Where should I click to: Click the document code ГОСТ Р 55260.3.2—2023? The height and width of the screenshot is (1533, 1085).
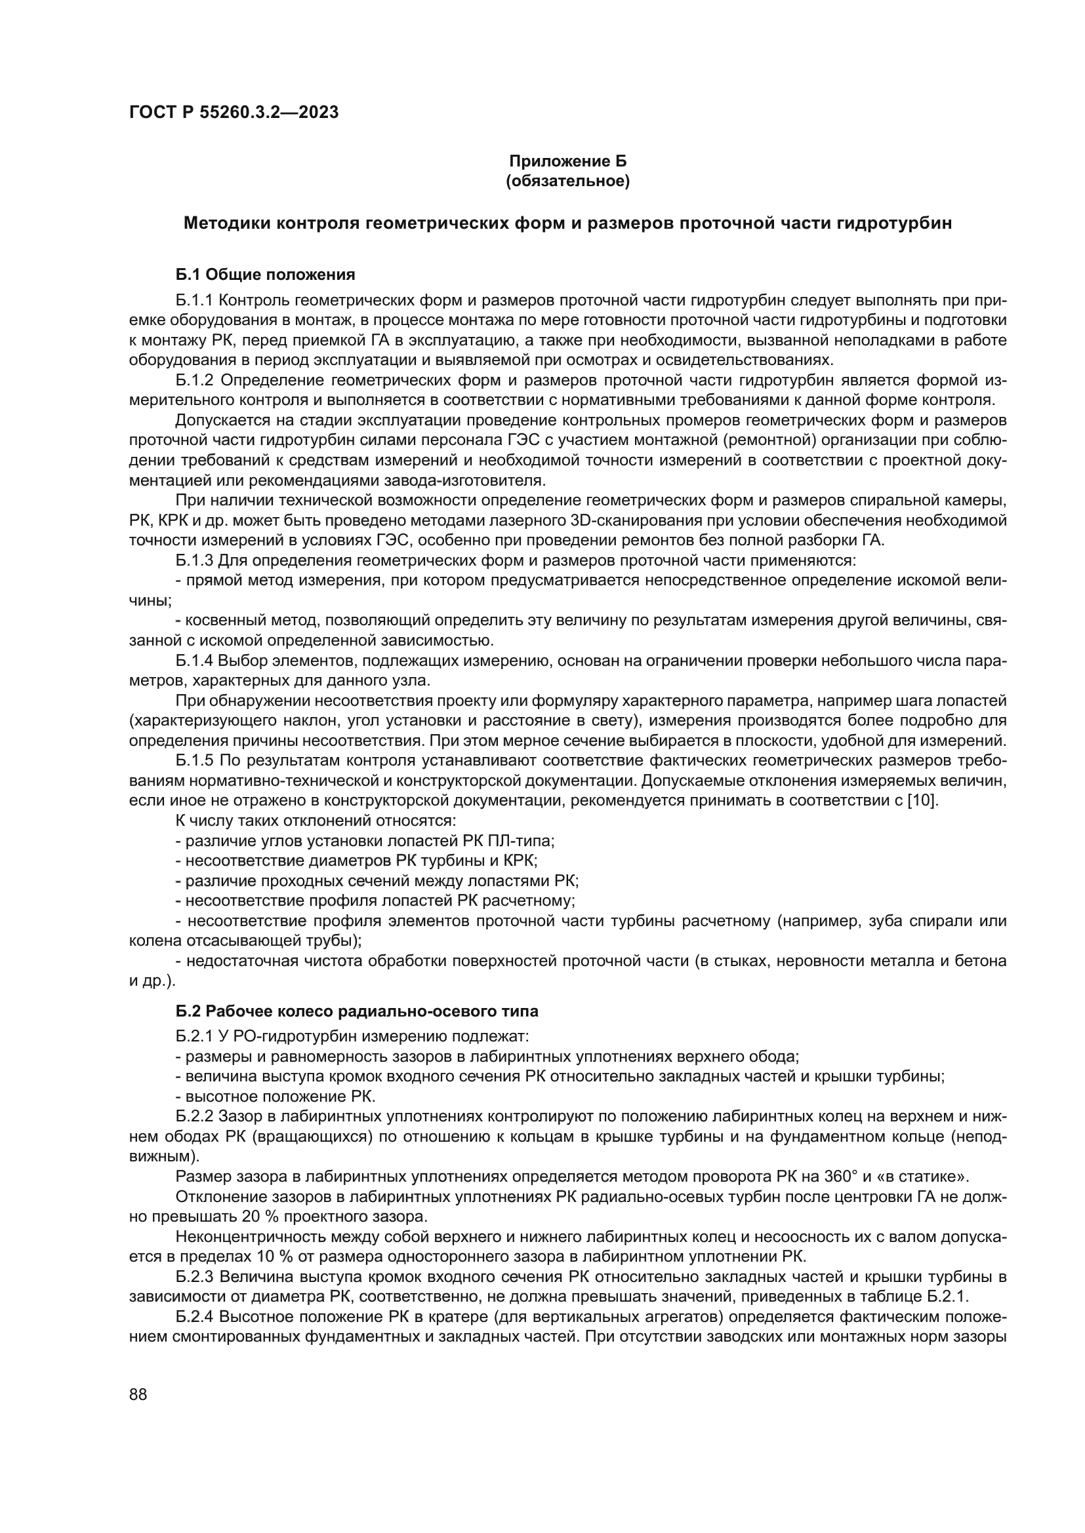234,112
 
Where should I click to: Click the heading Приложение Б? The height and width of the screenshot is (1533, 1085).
568,161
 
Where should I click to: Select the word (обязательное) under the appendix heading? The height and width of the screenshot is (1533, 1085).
568,181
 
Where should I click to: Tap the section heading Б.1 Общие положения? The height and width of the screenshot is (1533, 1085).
265,275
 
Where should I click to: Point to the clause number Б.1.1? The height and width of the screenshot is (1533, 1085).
194,300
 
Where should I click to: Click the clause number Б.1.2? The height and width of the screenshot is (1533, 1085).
194,381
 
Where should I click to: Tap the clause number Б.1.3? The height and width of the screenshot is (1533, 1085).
194,560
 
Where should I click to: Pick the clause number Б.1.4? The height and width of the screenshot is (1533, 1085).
194,661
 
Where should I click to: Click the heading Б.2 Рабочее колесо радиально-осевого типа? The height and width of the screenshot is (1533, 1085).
357,1011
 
